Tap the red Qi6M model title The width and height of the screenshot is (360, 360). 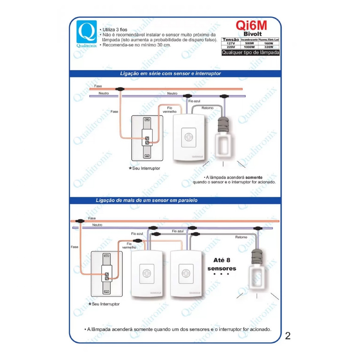click(251, 25)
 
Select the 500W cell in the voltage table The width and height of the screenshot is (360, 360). click(249, 43)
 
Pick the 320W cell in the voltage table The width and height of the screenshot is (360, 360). click(269, 47)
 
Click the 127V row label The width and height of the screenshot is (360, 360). click(231, 43)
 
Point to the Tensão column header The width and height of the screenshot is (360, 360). click(231, 40)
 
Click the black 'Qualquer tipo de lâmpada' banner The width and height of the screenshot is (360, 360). click(251, 53)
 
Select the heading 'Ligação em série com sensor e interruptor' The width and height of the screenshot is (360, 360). click(170, 73)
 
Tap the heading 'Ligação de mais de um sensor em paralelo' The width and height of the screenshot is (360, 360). click(147, 200)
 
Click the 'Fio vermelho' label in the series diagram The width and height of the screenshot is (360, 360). click(170, 110)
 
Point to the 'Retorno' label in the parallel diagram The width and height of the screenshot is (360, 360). click(241, 237)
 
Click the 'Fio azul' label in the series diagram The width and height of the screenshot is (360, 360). click(194, 101)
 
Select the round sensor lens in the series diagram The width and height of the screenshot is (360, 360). click(189, 137)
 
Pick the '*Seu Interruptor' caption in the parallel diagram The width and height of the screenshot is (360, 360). click(104, 304)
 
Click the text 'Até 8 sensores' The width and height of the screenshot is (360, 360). click(222, 264)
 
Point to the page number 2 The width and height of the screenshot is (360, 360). click(288, 336)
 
